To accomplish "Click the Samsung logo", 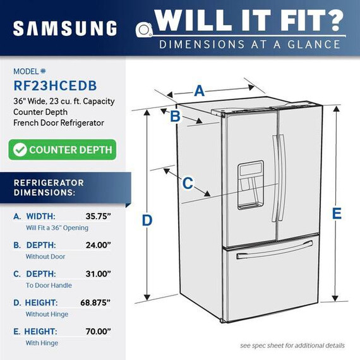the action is click(65, 28).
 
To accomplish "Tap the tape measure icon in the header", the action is click(144, 30).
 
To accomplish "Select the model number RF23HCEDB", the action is click(55, 86).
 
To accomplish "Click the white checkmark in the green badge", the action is click(20, 150).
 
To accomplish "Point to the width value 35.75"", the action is click(99, 216).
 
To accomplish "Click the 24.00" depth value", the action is click(99, 245).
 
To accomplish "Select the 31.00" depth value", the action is click(99, 273).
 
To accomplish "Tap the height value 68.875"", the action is click(95, 303).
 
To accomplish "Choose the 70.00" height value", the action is click(99, 332).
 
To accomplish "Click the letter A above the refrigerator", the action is click(200, 91).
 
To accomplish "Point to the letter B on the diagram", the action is click(175, 116).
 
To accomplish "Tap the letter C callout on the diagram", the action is click(188, 183).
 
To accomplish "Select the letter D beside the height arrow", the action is click(147, 220).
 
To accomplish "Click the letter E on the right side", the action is click(337, 213).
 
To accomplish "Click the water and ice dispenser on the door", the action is click(250, 185).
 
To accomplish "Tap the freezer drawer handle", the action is click(275, 250).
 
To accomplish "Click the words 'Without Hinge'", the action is click(47, 314).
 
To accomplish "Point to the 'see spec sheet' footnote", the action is click(292, 345).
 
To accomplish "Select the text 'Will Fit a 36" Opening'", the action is click(57, 228).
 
